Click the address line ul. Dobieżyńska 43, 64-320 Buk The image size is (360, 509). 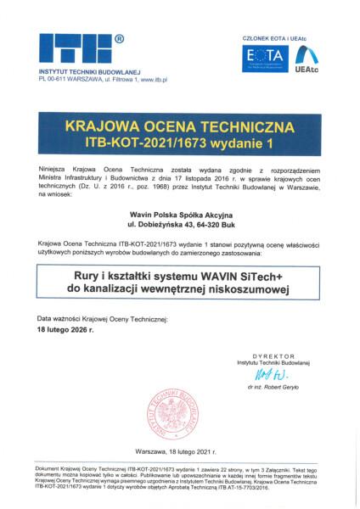click(179, 229)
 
